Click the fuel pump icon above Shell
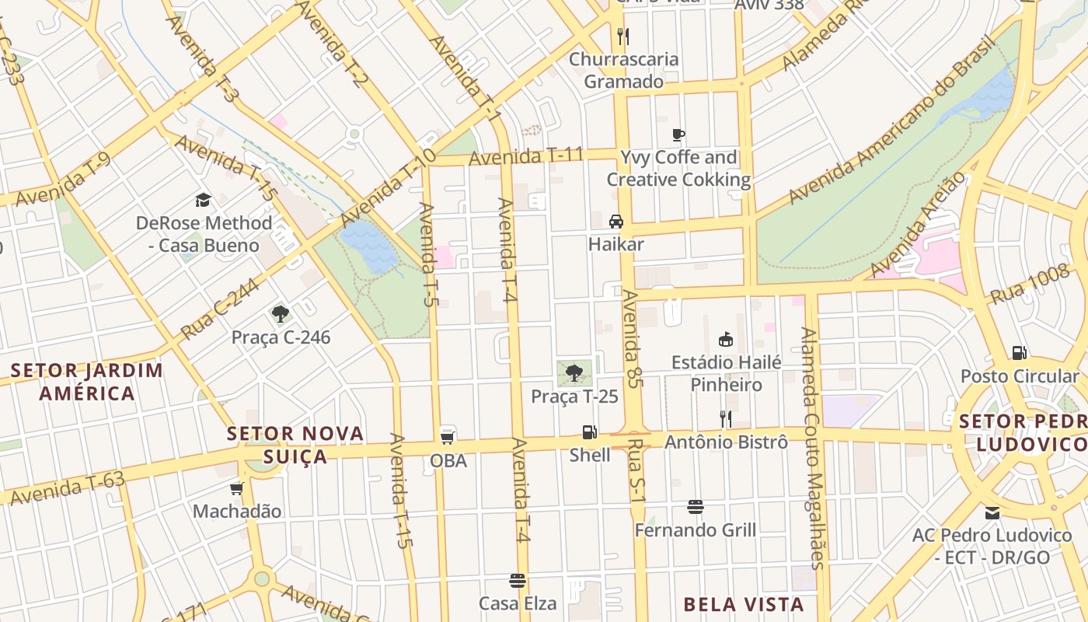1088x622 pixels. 590,432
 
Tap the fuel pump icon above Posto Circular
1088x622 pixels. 1019,353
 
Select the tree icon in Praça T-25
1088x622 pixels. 574,373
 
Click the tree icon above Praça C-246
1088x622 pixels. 281,314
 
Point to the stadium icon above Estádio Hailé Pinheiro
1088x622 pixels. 726,339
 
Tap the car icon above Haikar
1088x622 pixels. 616,221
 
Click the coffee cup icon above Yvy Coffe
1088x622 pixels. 678,135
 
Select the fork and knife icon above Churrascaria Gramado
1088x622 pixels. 622,36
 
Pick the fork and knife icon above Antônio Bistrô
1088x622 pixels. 726,419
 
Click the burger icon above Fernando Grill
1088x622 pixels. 696,507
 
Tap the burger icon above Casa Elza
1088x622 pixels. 518,581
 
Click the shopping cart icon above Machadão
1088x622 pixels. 237,488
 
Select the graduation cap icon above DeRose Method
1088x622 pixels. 204,200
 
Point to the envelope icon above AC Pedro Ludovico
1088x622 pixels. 992,512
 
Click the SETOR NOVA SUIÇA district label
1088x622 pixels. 295,445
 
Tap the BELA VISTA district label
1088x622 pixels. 744,604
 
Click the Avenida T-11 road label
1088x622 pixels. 526,156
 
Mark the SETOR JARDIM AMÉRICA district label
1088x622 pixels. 88,381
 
